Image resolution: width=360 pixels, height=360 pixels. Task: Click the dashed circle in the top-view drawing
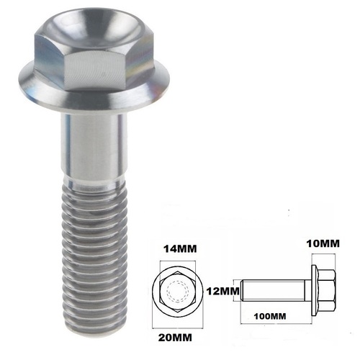(177, 292)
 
